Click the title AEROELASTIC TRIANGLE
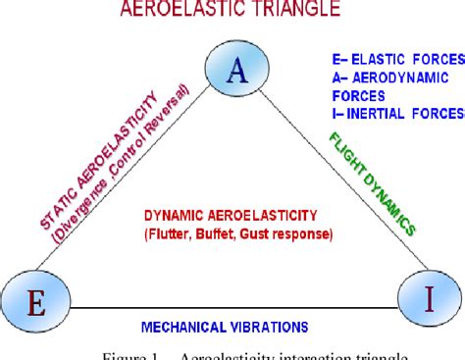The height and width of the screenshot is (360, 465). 232,11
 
